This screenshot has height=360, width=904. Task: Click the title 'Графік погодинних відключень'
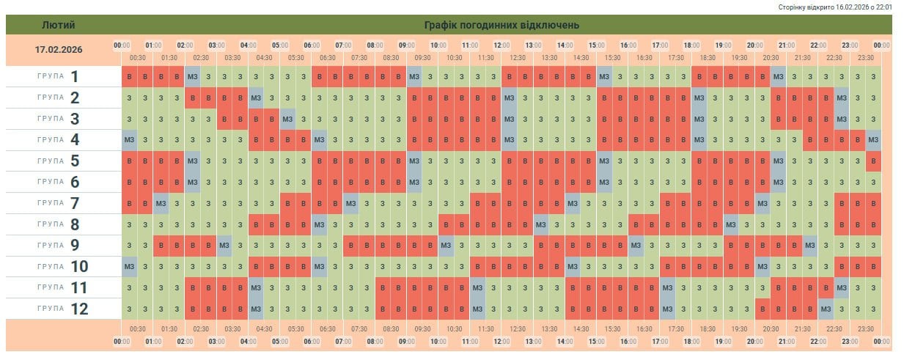[x=501, y=25]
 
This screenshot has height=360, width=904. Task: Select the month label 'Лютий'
[x=59, y=25]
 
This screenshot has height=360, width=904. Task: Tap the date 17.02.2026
[x=59, y=50]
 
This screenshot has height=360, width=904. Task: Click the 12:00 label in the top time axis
[x=502, y=45]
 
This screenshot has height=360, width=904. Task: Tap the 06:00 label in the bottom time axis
[x=312, y=342]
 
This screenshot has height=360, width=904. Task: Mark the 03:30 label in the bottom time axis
[x=233, y=329]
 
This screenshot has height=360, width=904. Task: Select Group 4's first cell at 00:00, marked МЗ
[x=130, y=139]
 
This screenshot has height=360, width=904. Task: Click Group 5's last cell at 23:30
[x=873, y=161]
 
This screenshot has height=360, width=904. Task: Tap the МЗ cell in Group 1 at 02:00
[x=193, y=76]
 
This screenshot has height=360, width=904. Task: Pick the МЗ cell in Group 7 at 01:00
[x=161, y=203]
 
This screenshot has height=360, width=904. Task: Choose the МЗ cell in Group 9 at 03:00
[x=224, y=245]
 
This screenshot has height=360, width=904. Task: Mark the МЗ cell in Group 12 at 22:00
[x=826, y=309]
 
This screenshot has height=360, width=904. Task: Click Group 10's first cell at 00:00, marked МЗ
[x=130, y=266]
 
